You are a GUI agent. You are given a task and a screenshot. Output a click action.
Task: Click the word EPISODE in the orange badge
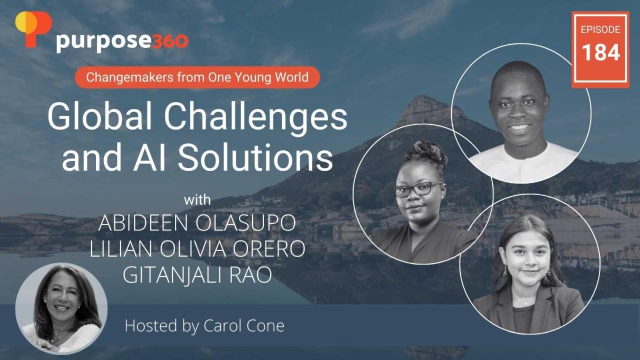tap(601, 29)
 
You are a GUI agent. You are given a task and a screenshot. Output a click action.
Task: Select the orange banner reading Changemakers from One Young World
tap(197, 77)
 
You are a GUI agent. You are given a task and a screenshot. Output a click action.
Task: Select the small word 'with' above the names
tap(198, 201)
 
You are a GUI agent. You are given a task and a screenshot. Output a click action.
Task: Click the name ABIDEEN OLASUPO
tap(197, 223)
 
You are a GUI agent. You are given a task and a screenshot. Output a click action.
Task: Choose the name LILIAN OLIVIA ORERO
tap(197, 249)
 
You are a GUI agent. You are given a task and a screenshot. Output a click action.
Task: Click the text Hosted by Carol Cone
tap(204, 326)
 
